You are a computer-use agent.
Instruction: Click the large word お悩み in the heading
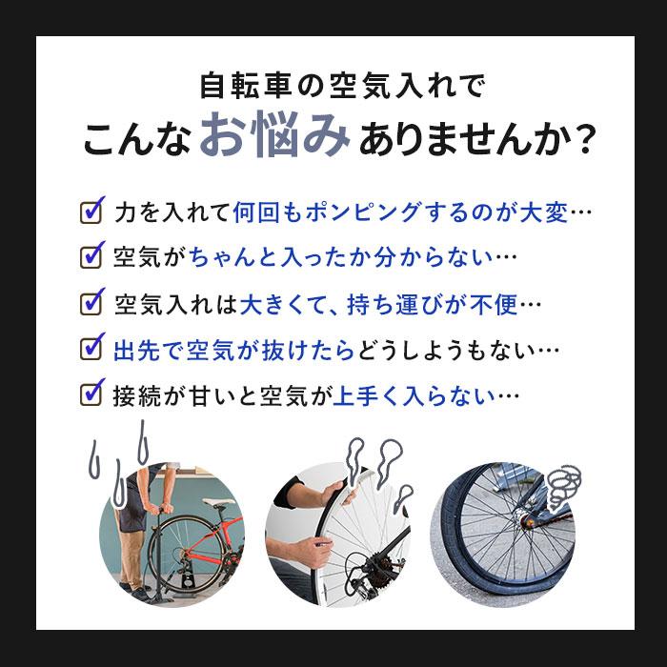(275, 139)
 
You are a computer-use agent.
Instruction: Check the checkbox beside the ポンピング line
(91, 211)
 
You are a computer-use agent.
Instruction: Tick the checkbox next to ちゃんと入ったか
(91, 255)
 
